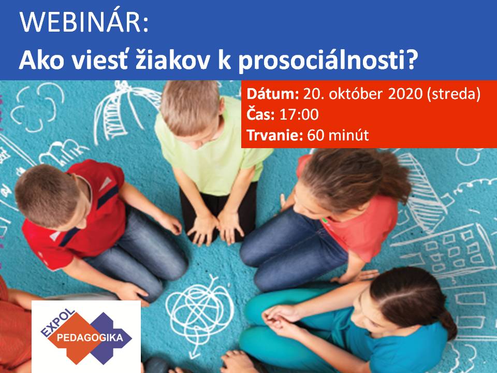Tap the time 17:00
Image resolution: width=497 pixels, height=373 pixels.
[x=299, y=114]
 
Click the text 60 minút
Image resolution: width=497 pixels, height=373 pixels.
[x=338, y=135]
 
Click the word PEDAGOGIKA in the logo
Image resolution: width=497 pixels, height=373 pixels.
[x=90, y=337]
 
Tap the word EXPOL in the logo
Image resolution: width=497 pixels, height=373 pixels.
[x=57, y=323]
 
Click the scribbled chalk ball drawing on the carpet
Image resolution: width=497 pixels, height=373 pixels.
[x=200, y=309]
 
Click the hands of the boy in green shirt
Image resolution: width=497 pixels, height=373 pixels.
[x=215, y=228]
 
